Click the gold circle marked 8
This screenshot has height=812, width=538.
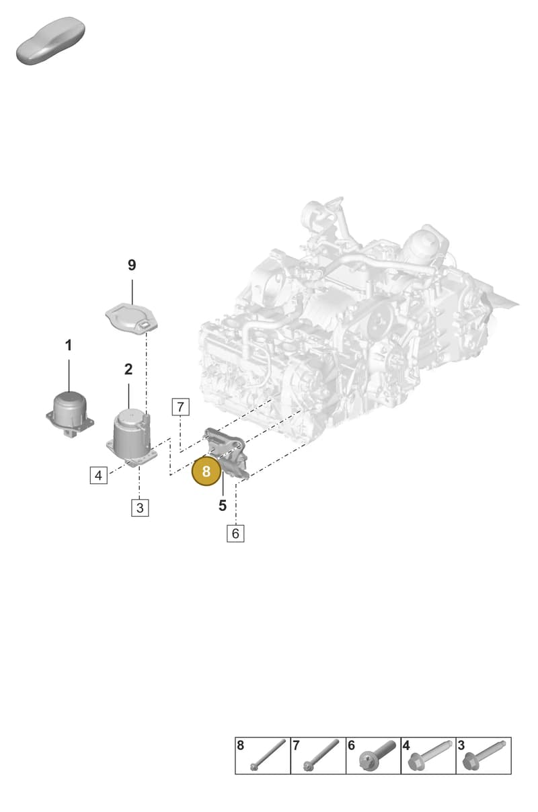(206, 471)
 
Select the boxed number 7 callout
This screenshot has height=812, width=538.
(181, 407)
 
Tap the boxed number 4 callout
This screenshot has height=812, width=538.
(99, 475)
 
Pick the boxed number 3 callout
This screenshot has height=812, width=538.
(140, 507)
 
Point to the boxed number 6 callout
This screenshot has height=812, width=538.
(235, 534)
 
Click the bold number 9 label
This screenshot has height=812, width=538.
(132, 266)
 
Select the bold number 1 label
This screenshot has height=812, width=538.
(69, 346)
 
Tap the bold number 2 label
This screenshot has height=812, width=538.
(128, 370)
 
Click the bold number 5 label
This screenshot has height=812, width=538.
(223, 505)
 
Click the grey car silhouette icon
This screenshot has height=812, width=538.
(50, 40)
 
